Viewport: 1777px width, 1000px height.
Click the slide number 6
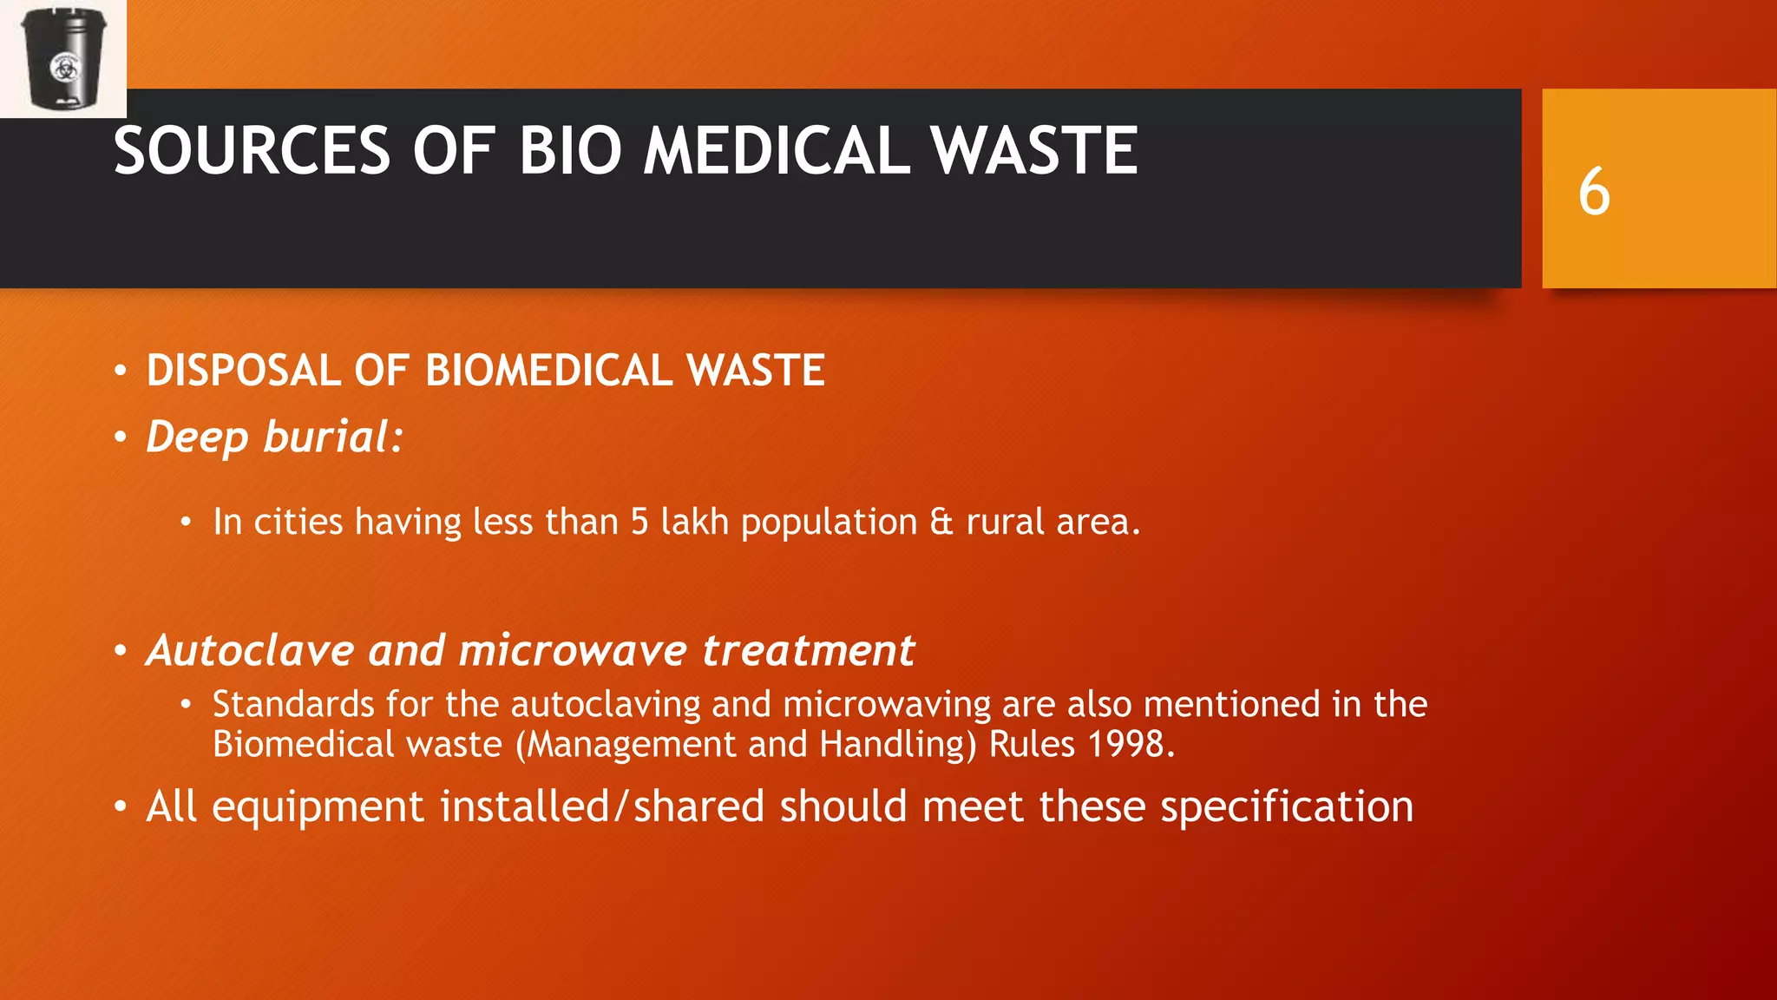(1594, 192)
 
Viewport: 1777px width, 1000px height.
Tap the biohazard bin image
(62, 58)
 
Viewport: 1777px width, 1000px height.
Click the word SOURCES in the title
(252, 151)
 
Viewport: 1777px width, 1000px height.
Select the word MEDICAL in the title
(777, 151)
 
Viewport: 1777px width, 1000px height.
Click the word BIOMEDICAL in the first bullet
(549, 371)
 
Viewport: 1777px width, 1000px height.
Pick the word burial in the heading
(333, 437)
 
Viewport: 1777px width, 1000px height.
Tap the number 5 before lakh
(639, 523)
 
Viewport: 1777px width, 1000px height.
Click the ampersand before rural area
(941, 523)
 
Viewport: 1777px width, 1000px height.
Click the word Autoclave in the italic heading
(251, 650)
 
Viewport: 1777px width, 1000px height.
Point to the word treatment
(808, 651)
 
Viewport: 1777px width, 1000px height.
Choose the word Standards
(293, 704)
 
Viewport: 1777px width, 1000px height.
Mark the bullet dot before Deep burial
(121, 437)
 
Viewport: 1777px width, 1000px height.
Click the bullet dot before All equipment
(121, 808)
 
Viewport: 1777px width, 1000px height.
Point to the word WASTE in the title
(1034, 151)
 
